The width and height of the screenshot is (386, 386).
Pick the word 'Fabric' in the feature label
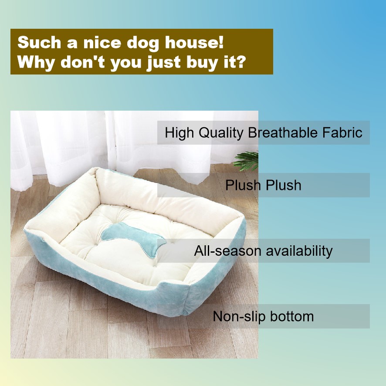[342, 133]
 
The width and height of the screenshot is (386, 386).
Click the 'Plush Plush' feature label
[263, 185]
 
